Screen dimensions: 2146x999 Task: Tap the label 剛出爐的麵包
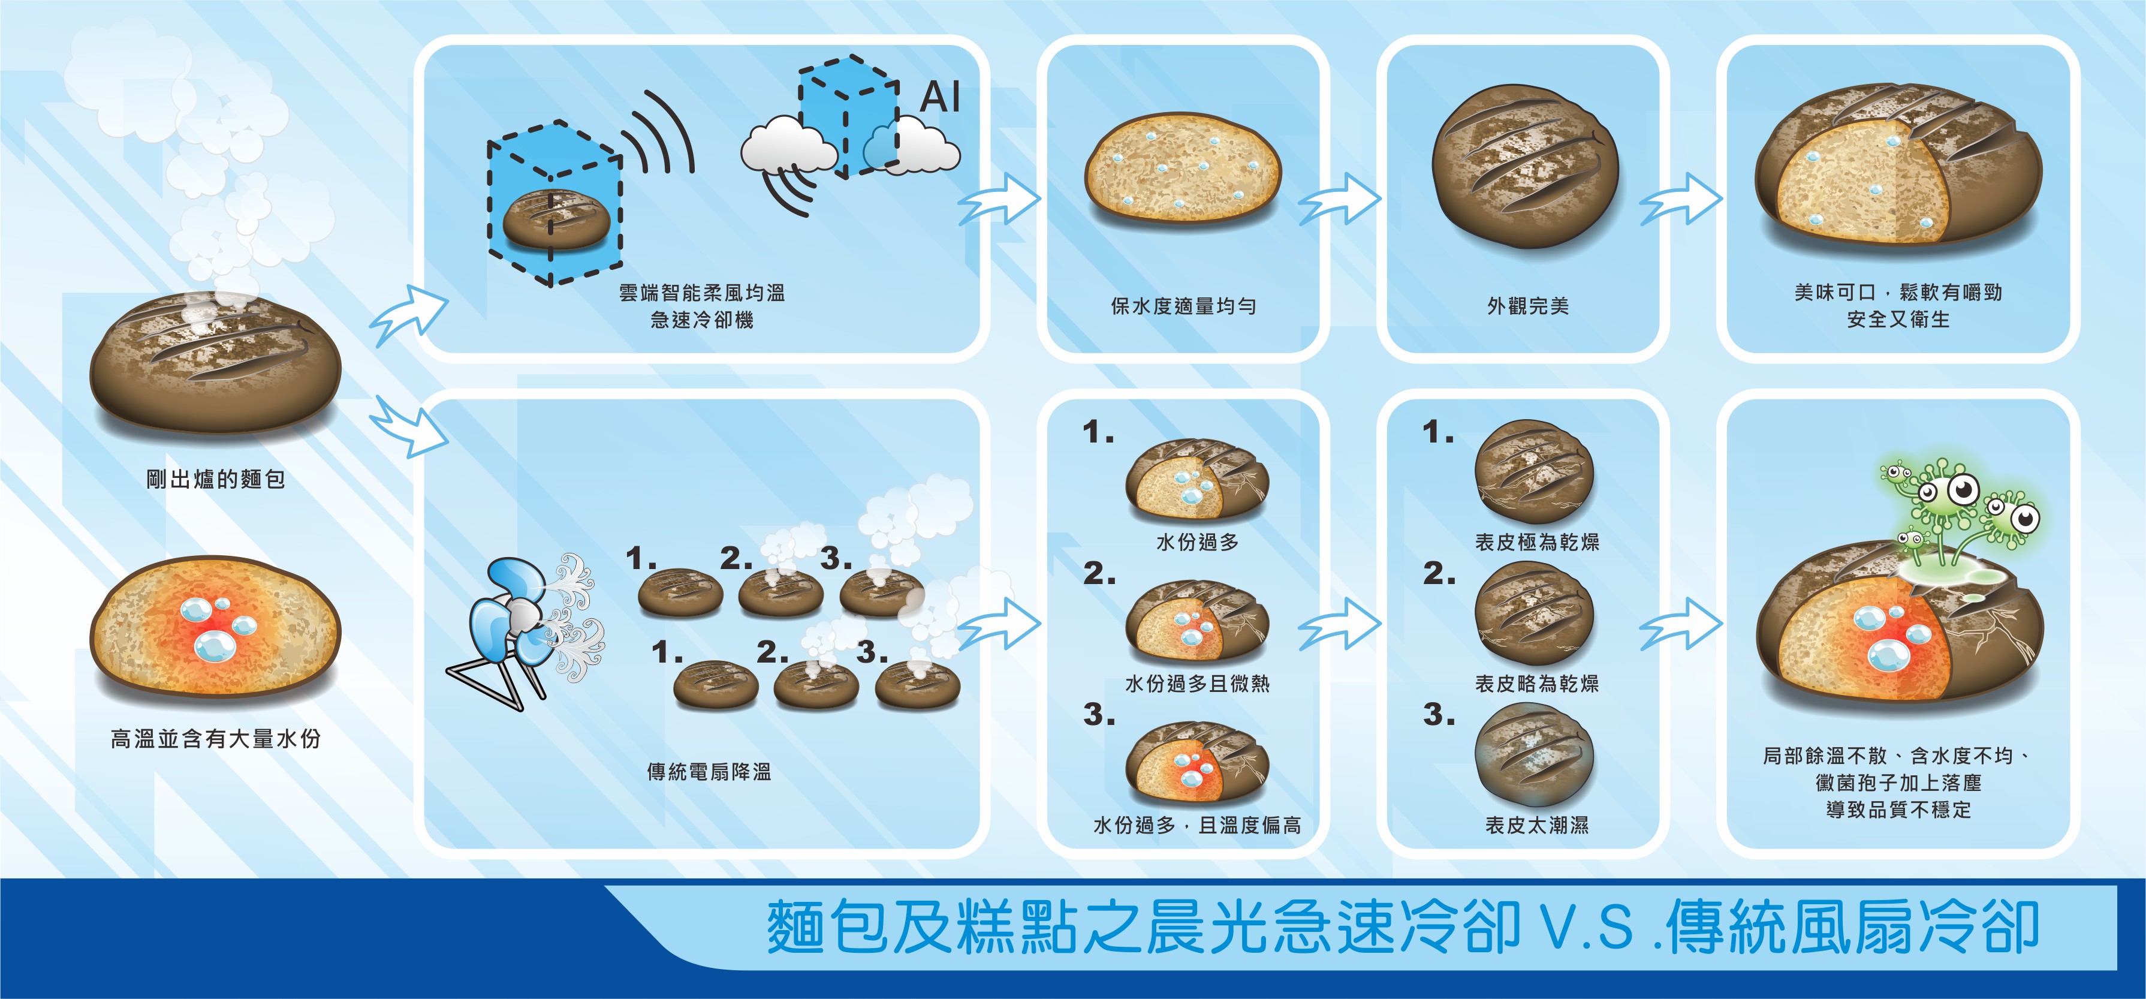[216, 479]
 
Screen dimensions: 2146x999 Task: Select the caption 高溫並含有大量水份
[216, 739]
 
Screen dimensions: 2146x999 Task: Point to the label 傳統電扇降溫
[709, 772]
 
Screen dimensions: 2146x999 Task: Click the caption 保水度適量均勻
[1183, 306]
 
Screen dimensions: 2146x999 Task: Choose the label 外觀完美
[1528, 306]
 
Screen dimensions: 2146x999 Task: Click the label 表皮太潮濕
[1537, 825]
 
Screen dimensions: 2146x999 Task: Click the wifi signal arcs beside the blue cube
[658, 137]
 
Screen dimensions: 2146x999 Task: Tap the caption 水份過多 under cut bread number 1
[1197, 543]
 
